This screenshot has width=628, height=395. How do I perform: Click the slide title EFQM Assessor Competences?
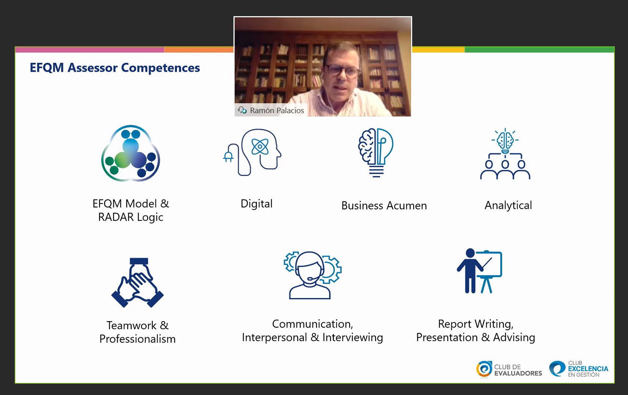(115, 68)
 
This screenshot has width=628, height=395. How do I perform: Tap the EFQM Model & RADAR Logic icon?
(131, 153)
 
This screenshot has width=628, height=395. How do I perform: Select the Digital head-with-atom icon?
(252, 152)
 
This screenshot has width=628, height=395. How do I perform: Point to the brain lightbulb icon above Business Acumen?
(376, 153)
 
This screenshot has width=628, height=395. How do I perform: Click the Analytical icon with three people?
(505, 154)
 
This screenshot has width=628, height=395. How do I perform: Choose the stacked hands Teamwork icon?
(138, 283)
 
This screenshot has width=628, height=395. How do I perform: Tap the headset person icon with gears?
(312, 275)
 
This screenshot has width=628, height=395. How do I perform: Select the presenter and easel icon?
(479, 271)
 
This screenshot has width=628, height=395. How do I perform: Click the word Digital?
(257, 204)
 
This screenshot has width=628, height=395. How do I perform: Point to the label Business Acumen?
(384, 206)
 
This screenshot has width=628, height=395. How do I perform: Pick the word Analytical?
(508, 205)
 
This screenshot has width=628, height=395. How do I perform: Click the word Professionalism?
(138, 339)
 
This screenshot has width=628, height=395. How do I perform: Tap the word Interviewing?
(353, 338)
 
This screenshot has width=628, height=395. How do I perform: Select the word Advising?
(514, 338)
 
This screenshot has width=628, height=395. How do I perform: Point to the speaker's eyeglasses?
(343, 71)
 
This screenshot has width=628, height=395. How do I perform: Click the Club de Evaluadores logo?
(509, 370)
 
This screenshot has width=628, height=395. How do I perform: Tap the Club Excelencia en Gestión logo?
(579, 369)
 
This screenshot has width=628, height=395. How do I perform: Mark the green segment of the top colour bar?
(539, 50)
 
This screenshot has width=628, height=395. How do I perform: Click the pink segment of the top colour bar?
(90, 50)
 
